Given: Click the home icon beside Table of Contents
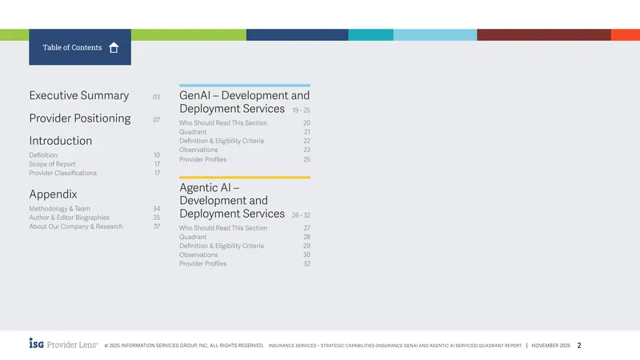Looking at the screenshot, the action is pyautogui.click(x=114, y=48).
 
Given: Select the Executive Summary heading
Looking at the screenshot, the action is pyautogui.click(x=78, y=95).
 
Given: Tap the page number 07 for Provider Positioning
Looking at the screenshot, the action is pyautogui.click(x=156, y=120).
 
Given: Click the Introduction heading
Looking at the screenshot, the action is pyautogui.click(x=61, y=141).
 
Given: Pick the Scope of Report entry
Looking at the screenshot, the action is pyautogui.click(x=52, y=164).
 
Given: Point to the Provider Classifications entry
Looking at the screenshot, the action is pyautogui.click(x=63, y=173).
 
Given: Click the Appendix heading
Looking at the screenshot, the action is pyautogui.click(x=53, y=194).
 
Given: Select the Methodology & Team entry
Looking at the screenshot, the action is pyautogui.click(x=59, y=209).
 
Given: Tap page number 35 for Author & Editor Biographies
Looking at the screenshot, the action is pyautogui.click(x=156, y=218).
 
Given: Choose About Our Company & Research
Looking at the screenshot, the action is pyautogui.click(x=76, y=226).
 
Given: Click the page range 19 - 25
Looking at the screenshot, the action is pyautogui.click(x=301, y=110).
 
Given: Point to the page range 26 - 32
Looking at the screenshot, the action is pyautogui.click(x=301, y=215).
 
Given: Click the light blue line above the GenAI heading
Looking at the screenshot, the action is pyautogui.click(x=245, y=86).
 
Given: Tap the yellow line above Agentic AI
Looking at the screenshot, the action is pyautogui.click(x=245, y=178).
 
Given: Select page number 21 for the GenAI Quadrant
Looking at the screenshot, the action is pyautogui.click(x=307, y=132).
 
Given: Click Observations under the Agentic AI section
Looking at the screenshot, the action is pyautogui.click(x=198, y=254).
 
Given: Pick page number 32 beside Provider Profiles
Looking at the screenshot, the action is pyautogui.click(x=306, y=264).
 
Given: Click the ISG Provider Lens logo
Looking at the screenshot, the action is pyautogui.click(x=63, y=344).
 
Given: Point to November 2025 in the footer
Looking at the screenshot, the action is pyautogui.click(x=550, y=346).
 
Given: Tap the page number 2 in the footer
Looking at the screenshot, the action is pyautogui.click(x=578, y=346).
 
